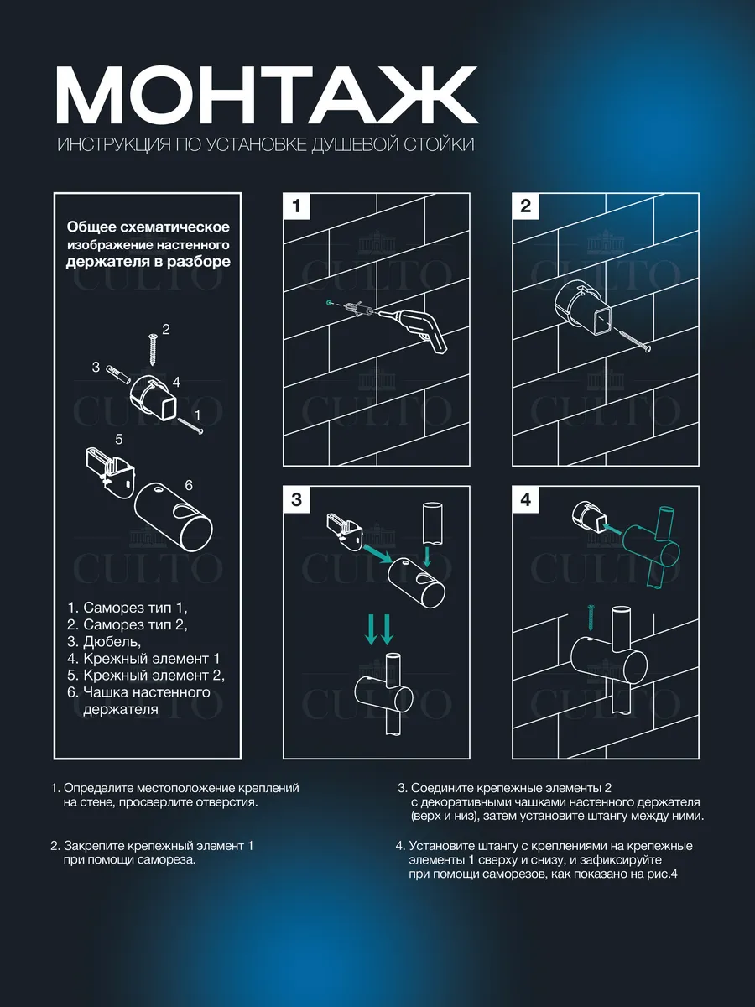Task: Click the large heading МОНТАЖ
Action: point(267,94)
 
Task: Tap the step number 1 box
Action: point(296,206)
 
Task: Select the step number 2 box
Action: point(526,206)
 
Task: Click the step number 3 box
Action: point(296,499)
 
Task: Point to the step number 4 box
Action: point(526,499)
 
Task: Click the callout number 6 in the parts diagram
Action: point(189,485)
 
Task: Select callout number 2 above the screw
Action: point(165,328)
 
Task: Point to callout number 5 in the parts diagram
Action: point(119,439)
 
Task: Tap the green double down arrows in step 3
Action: point(379,629)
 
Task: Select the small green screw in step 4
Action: point(592,618)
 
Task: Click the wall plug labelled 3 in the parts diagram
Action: point(117,373)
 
